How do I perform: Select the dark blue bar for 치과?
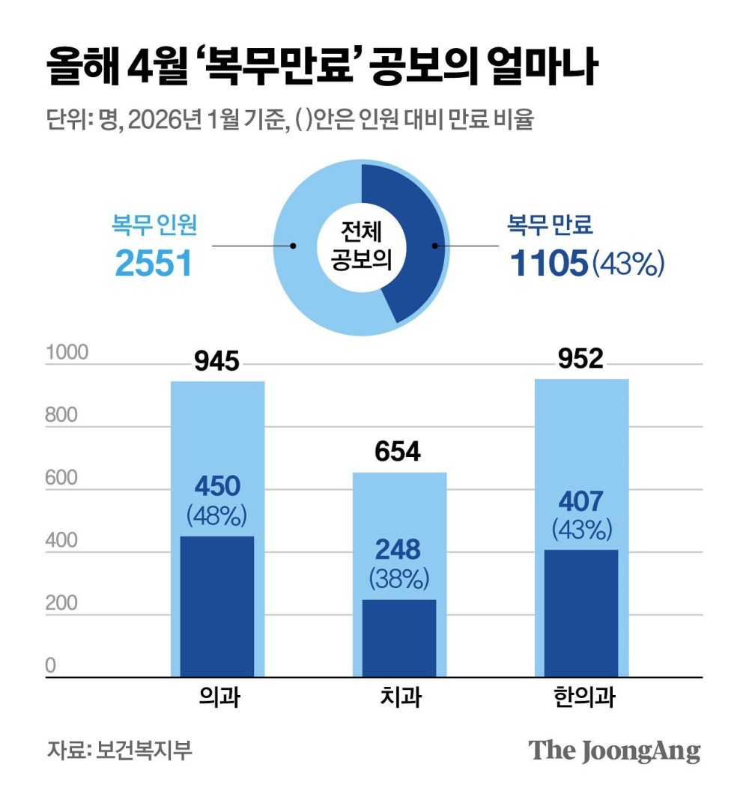pyautogui.click(x=399, y=637)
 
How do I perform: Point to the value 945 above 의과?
pyautogui.click(x=217, y=363)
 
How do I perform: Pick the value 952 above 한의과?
pyautogui.click(x=581, y=360)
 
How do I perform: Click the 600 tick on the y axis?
pyautogui.click(x=61, y=478)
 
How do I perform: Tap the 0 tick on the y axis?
pyautogui.click(x=51, y=665)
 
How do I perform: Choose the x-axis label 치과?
pyautogui.click(x=400, y=698)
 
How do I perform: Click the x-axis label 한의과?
pyautogui.click(x=581, y=698)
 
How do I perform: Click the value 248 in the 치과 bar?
pyautogui.click(x=399, y=551)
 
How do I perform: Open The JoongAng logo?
pyautogui.click(x=614, y=750)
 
